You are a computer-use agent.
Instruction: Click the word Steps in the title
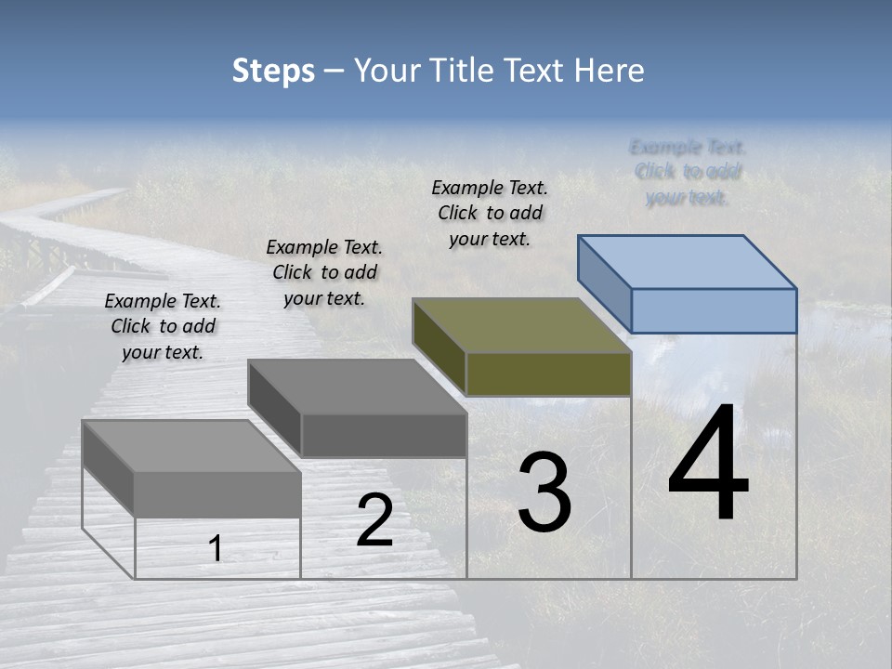pos(273,71)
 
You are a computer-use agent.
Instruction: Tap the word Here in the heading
pos(610,71)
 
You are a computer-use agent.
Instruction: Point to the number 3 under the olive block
pos(544,492)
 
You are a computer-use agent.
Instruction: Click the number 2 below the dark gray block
pos(375,521)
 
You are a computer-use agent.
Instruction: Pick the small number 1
pos(216,549)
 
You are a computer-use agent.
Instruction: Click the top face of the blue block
pos(688,262)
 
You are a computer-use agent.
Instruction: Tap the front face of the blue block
pos(714,310)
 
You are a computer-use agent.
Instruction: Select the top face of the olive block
pos(522,325)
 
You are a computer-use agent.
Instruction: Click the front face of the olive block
pos(548,374)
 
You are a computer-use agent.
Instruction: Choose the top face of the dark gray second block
pos(358,387)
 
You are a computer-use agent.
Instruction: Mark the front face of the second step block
pos(384,435)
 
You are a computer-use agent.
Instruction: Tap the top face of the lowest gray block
pos(191,446)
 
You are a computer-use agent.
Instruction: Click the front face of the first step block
pos(217,494)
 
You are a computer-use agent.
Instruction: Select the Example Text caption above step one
pos(163,326)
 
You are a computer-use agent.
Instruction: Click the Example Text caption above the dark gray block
pos(324,272)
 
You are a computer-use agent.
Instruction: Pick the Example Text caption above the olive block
pos(490,213)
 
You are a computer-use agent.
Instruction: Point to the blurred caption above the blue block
pos(688,172)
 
